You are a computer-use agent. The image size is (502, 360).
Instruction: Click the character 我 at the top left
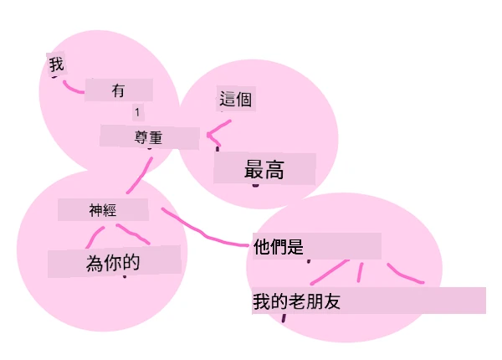(x=56, y=64)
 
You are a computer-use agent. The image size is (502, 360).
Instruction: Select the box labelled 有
(x=119, y=90)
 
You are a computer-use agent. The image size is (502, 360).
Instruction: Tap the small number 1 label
(x=137, y=112)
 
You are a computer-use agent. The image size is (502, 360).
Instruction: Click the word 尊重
(x=148, y=138)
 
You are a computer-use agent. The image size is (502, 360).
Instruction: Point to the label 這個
(x=235, y=99)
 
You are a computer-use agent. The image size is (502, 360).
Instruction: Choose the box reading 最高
(x=264, y=169)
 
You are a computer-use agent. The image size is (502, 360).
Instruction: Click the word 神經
(x=102, y=210)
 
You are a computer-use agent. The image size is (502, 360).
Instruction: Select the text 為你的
(x=113, y=263)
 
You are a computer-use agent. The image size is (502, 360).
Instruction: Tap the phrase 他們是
(x=279, y=247)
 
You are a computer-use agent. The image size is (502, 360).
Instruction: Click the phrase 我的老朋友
(x=296, y=301)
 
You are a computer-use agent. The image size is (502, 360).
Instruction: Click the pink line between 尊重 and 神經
(x=140, y=175)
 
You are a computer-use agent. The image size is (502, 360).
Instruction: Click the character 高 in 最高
(x=274, y=170)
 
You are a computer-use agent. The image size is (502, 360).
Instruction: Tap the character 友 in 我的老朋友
(x=332, y=301)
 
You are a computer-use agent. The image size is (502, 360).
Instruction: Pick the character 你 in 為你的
(x=113, y=263)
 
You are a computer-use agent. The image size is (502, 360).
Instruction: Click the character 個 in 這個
(x=243, y=99)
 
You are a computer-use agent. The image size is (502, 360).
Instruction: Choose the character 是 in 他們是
(x=295, y=247)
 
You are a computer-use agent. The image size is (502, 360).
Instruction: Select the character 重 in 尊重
(x=156, y=138)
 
